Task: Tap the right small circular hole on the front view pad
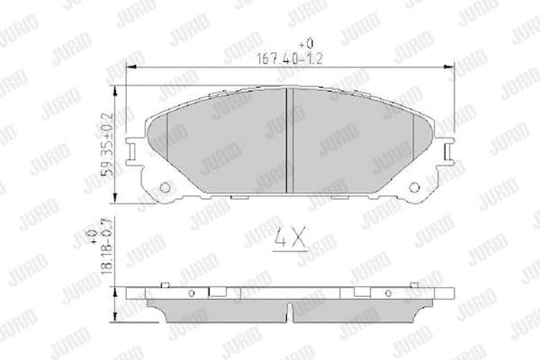click(414, 187)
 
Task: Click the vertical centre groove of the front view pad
click(286, 139)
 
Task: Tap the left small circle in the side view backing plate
click(192, 294)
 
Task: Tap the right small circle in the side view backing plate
click(387, 294)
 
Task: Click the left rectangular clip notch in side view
click(217, 292)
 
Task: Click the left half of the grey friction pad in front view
click(225, 144)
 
